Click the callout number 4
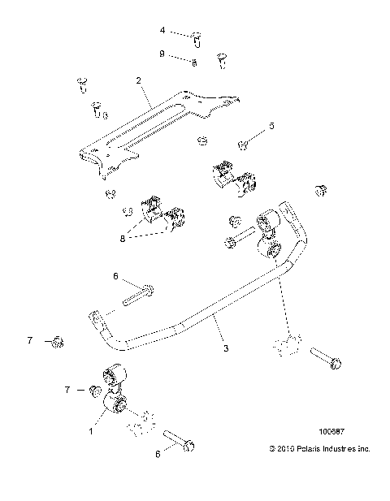point(162,30)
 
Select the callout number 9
point(162,54)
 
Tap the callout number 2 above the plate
point(139,81)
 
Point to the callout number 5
point(271,126)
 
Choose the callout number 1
point(91,431)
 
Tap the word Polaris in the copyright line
point(305,447)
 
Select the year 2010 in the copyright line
point(281,447)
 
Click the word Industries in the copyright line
point(339,447)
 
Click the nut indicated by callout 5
point(242,145)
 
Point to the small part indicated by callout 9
point(193,62)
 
